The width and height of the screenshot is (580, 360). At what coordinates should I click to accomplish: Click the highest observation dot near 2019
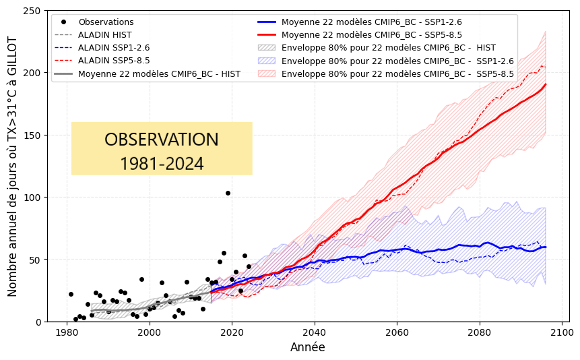[228, 193]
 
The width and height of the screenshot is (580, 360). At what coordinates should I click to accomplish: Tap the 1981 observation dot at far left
[71, 294]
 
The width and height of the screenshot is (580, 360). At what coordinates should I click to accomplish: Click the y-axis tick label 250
[32, 11]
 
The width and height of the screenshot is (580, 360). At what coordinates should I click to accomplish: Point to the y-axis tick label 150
[32, 136]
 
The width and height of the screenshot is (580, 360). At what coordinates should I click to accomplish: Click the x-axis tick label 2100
[561, 332]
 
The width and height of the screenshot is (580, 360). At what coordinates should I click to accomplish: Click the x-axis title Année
[307, 348]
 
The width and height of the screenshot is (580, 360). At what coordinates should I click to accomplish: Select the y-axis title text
[13, 167]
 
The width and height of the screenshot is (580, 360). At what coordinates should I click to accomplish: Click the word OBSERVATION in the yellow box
[162, 140]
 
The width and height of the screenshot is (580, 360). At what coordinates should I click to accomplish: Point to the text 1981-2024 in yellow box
[162, 164]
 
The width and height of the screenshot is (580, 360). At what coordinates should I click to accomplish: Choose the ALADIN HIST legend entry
[104, 35]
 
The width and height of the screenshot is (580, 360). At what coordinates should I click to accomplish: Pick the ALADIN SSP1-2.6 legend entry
[114, 48]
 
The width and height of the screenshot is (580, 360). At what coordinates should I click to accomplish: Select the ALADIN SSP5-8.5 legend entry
[114, 61]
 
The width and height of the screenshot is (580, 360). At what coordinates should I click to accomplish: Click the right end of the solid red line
[546, 84]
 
